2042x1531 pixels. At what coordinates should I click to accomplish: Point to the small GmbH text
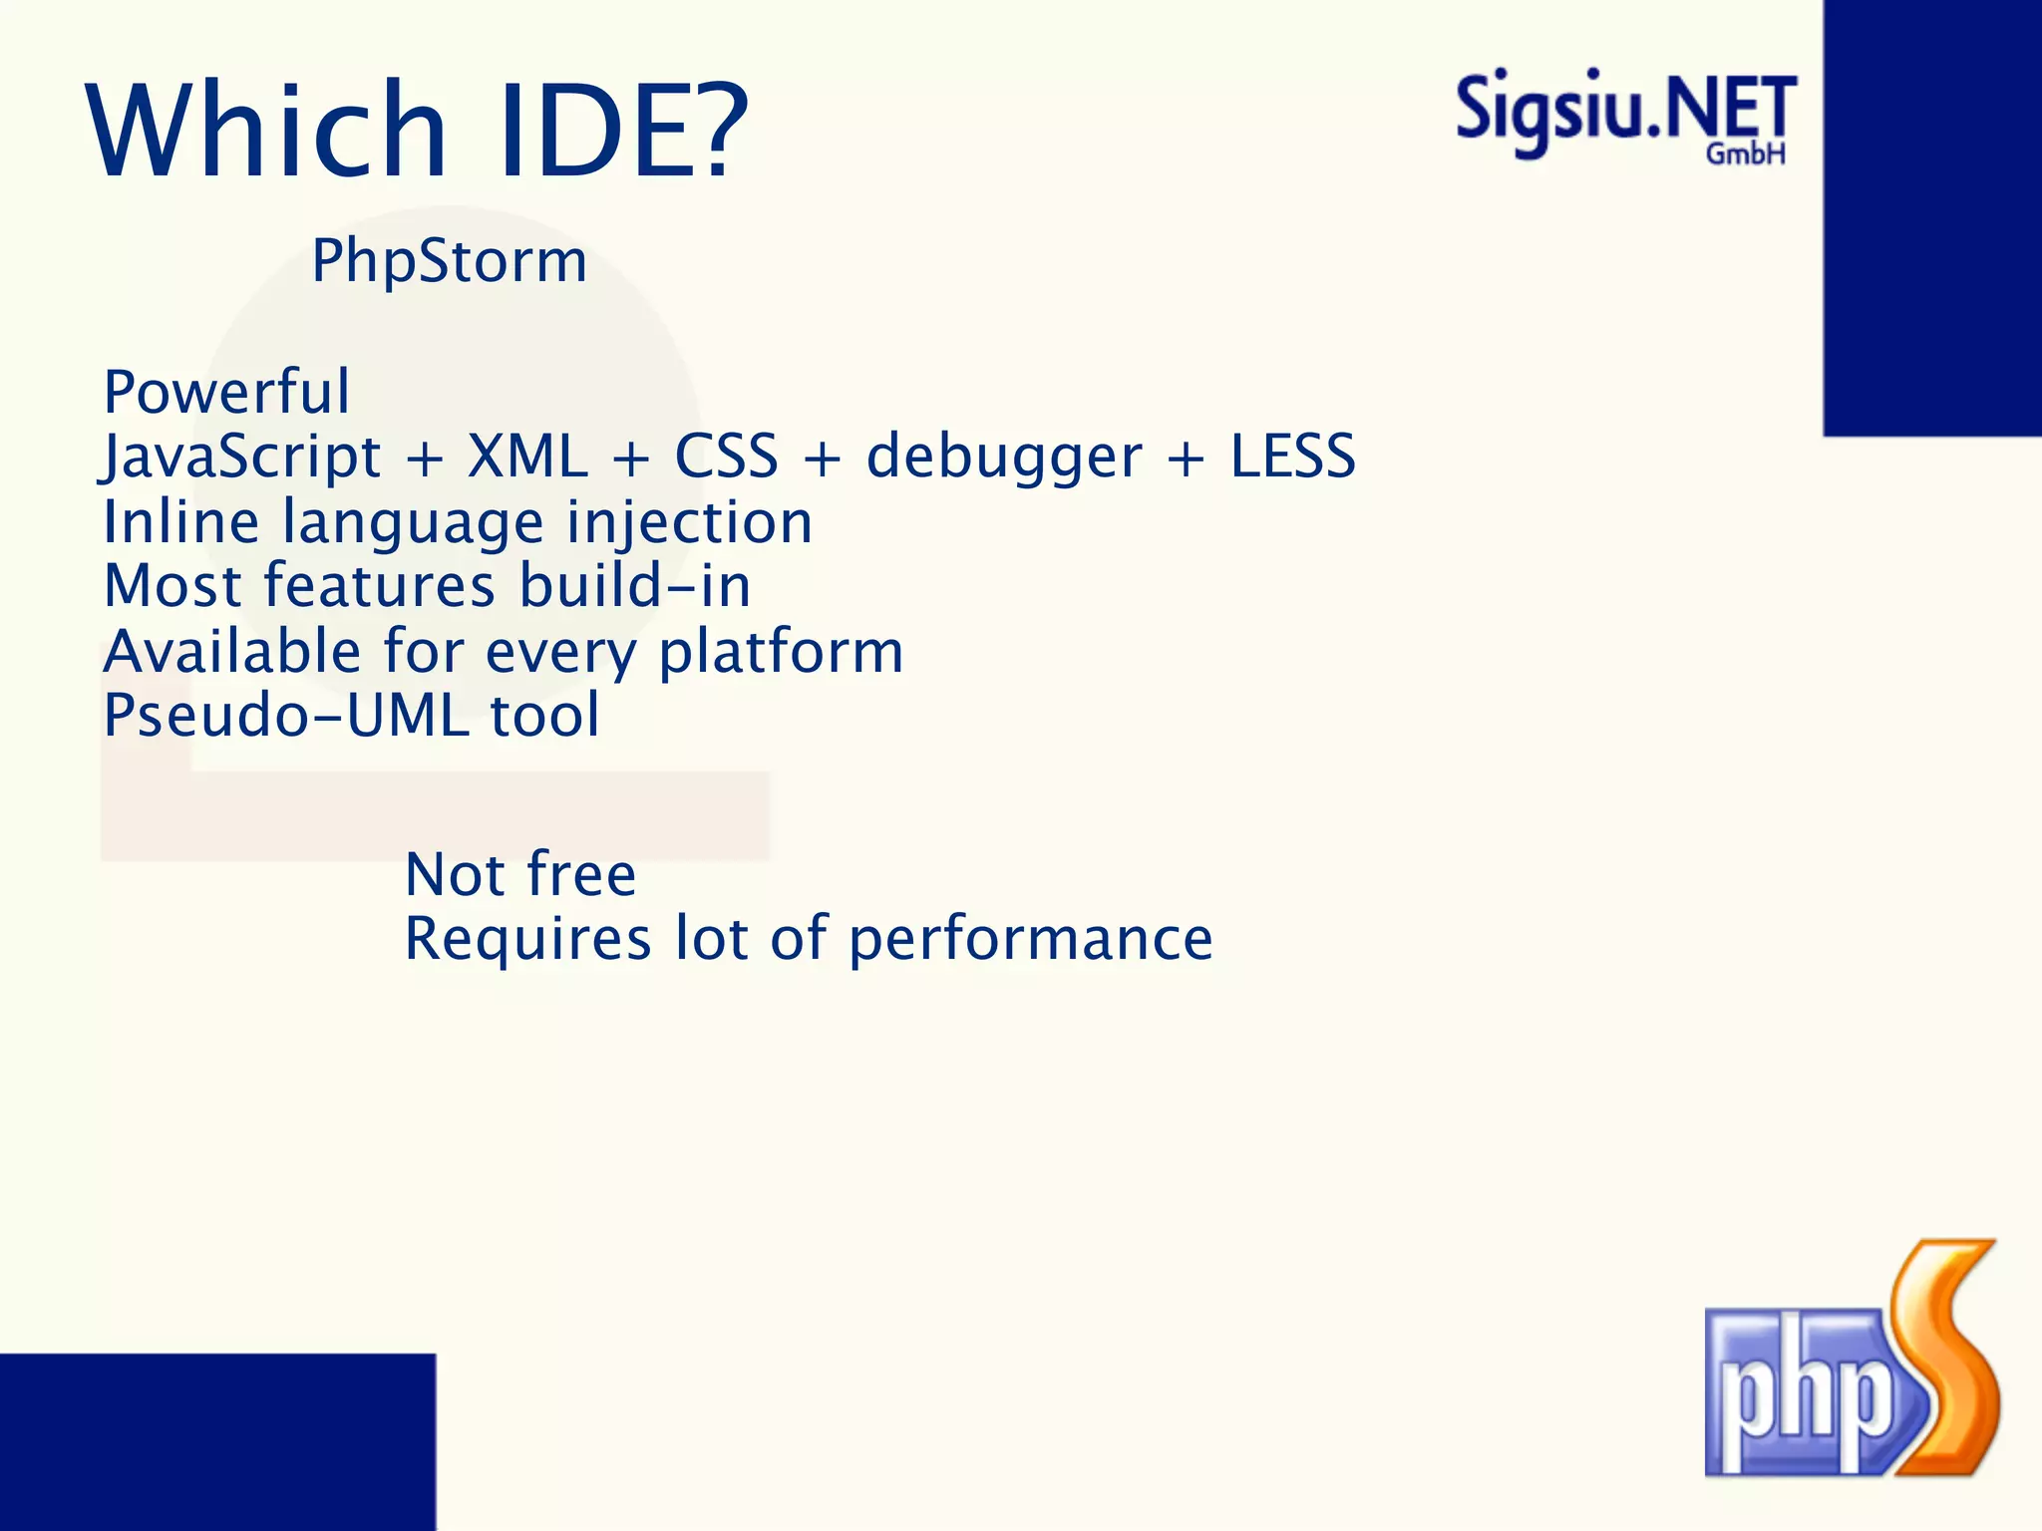tap(1745, 154)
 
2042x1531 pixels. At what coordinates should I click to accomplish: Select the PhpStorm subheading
tap(449, 261)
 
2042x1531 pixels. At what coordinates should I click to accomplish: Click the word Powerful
tap(227, 392)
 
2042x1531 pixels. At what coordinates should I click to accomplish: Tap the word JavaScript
tap(241, 458)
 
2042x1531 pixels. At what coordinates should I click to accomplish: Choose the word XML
tap(527, 458)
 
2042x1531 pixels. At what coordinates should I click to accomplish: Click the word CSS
tap(726, 458)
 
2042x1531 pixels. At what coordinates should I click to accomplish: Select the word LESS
tap(1292, 457)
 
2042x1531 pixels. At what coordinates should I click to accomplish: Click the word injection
tap(689, 523)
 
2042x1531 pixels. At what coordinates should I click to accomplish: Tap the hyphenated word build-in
tap(635, 585)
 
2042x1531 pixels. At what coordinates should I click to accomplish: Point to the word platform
tap(781, 653)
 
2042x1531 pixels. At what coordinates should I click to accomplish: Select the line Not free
tap(520, 875)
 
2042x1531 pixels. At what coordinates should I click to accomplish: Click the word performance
tap(1030, 940)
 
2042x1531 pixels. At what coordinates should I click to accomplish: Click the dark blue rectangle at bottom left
tap(217, 1441)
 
